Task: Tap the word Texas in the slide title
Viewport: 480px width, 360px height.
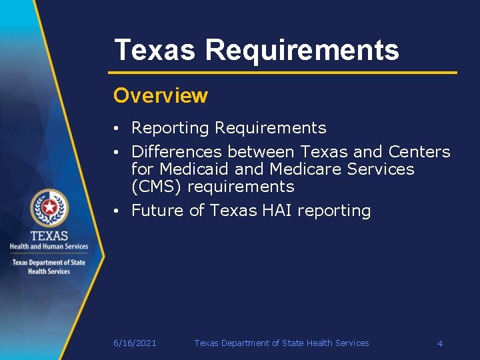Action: pyautogui.click(x=155, y=51)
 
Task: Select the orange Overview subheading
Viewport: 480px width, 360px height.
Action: pyautogui.click(x=161, y=96)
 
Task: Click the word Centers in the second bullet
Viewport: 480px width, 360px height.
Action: pyautogui.click(x=419, y=152)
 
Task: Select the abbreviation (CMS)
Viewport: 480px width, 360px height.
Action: pyautogui.click(x=157, y=187)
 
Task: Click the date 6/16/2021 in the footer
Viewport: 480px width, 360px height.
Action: pyautogui.click(x=135, y=343)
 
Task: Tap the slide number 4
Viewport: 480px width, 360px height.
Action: pyautogui.click(x=440, y=343)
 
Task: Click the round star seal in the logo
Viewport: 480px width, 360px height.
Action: pyautogui.click(x=49, y=208)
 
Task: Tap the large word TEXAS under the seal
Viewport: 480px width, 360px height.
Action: pyautogui.click(x=49, y=236)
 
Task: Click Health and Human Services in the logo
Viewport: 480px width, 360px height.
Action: pyautogui.click(x=49, y=247)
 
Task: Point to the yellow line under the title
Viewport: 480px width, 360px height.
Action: pyautogui.click(x=283, y=72)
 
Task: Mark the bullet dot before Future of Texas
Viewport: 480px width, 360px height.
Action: pyautogui.click(x=116, y=211)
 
